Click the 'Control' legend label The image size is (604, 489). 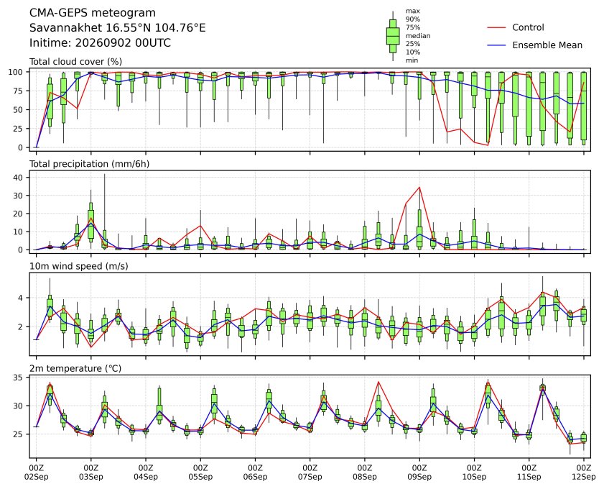pos(528,27)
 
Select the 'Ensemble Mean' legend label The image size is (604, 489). pos(547,45)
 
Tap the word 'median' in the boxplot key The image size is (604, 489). pos(418,35)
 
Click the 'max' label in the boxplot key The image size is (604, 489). pos(412,11)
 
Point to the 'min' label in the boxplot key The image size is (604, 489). pos(412,60)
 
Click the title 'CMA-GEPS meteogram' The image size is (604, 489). pos(93,13)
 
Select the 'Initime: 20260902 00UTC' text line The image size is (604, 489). pos(100,42)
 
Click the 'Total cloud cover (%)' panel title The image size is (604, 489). pos(76,62)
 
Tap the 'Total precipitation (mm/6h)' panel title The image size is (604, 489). pos(89,164)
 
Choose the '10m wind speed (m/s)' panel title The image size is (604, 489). pos(79,266)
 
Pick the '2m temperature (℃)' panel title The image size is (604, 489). pos(75,368)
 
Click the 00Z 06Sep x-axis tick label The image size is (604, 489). pos(255,472)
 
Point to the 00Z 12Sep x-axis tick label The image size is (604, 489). pos(584,472)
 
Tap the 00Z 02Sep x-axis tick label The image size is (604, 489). pos(36,472)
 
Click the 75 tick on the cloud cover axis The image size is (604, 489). pos(18,91)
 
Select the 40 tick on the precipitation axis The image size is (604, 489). pos(18,178)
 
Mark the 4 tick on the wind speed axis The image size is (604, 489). pos(21,298)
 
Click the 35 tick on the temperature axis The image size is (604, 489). pos(18,378)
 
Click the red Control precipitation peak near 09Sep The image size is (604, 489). pos(419,188)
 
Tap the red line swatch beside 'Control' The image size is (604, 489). pos(496,28)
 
